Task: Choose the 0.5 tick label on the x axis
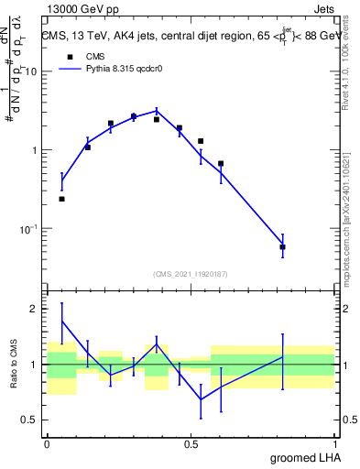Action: (191, 442)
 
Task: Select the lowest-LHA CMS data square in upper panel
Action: (61, 199)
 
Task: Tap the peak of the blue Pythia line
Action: (157, 110)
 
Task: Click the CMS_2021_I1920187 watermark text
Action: (191, 273)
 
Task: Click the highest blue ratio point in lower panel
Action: (61, 322)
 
